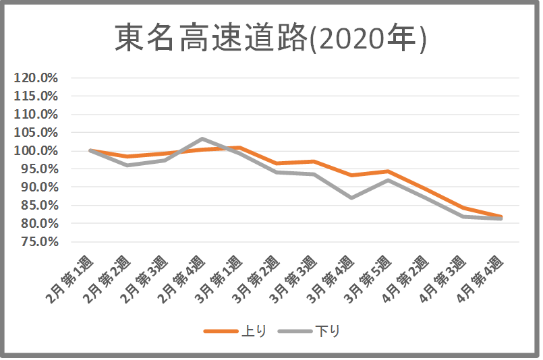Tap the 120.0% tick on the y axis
36,78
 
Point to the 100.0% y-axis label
36,150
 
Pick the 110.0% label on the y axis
36,114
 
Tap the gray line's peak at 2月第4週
202,139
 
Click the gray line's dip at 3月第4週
351,198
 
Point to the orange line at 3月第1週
239,147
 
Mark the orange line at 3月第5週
389,171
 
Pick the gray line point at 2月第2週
127,165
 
